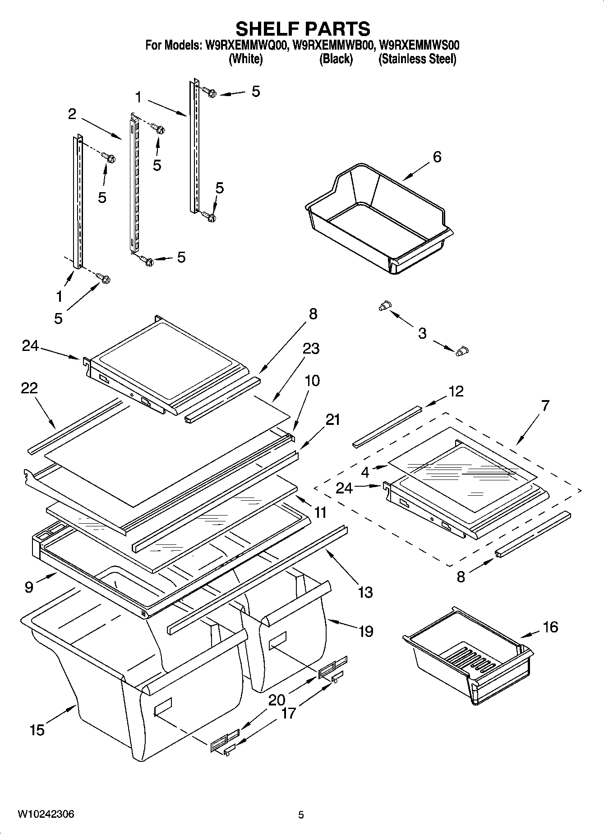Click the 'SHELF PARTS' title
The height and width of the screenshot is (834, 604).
303,28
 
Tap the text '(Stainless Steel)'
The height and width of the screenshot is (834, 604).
417,59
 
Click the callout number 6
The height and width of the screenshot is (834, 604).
437,157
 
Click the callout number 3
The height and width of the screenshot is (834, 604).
422,333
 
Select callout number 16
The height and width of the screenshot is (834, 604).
550,627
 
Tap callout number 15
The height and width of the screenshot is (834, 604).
37,729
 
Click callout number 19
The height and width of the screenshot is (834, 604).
365,631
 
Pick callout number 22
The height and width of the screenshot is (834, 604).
29,388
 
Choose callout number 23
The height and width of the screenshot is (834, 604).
311,348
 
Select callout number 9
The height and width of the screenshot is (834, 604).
29,587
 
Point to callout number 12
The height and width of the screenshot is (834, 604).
456,391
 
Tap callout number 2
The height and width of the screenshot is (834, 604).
72,114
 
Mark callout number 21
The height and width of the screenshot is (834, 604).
332,419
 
